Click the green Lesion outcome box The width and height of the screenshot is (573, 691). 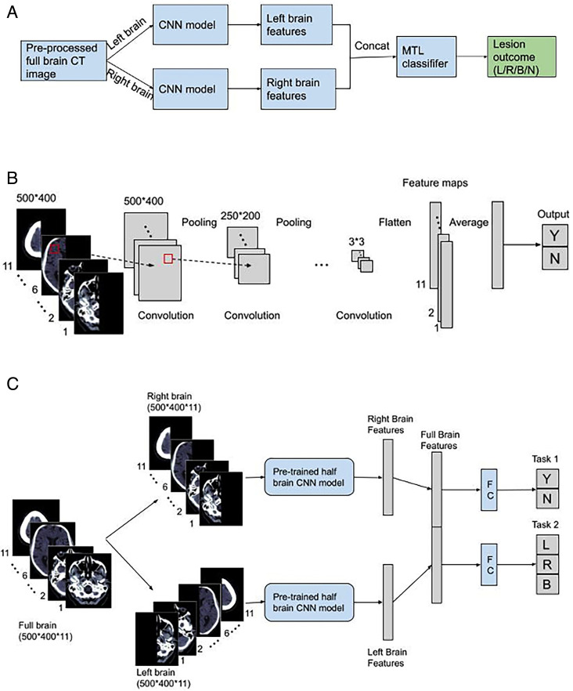(526, 58)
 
